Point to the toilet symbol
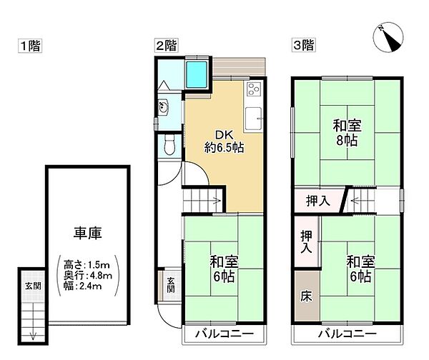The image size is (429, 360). [x=169, y=146]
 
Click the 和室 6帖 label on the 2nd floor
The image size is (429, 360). [x=223, y=268]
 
